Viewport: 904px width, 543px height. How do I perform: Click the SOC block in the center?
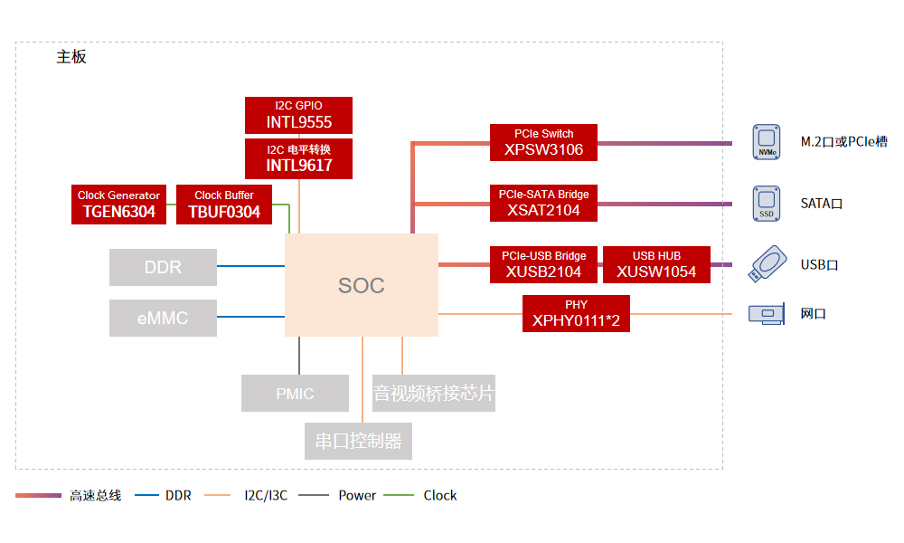[x=362, y=285]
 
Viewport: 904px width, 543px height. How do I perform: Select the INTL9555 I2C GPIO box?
[x=298, y=115]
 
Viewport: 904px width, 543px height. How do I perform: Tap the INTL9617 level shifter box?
[x=298, y=158]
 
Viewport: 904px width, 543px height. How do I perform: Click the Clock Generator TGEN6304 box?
[x=118, y=205]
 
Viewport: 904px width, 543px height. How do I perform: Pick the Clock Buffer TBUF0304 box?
[x=224, y=205]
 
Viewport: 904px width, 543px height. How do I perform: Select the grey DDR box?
[x=163, y=267]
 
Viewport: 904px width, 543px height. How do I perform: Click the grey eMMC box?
[x=163, y=319]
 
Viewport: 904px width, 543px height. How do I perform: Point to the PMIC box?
[x=295, y=394]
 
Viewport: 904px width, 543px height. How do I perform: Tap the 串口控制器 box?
[x=358, y=442]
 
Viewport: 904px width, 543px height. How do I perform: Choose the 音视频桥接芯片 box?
[x=434, y=394]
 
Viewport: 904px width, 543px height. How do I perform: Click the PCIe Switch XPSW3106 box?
[x=543, y=143]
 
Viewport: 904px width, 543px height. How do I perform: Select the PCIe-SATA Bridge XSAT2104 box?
[x=543, y=204]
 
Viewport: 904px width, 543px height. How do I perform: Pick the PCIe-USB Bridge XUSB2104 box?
[x=543, y=264]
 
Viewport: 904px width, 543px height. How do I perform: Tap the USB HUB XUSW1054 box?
[x=656, y=264]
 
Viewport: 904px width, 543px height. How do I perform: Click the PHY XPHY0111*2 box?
[x=576, y=313]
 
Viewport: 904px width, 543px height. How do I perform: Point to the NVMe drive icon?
[x=767, y=143]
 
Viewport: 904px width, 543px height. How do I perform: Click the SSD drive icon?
[x=767, y=204]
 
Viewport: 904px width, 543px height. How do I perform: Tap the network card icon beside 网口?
[x=767, y=314]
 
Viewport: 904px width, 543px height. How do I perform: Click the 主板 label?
[x=71, y=57]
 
